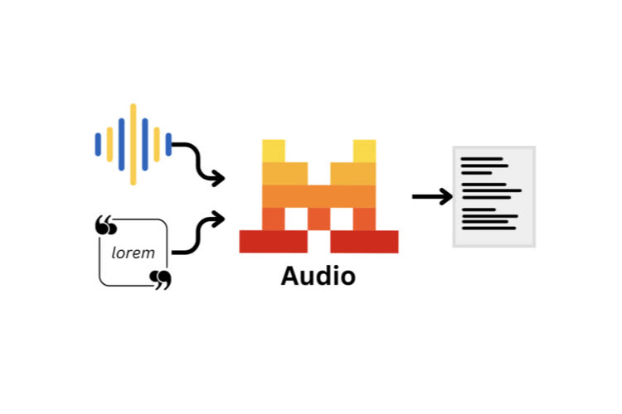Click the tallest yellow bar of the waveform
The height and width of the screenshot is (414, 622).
(x=133, y=144)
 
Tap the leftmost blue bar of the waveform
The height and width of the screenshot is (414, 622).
(x=98, y=144)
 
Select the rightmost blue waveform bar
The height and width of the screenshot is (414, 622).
(x=168, y=144)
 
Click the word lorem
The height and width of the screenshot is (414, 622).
(x=133, y=253)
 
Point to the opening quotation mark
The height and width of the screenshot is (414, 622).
(x=104, y=224)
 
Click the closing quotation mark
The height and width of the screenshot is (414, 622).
(x=161, y=279)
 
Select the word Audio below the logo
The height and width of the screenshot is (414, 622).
(x=318, y=276)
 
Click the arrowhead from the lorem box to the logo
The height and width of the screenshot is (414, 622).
(x=218, y=219)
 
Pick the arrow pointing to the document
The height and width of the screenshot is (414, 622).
(x=432, y=196)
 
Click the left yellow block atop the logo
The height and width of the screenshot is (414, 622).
(x=274, y=151)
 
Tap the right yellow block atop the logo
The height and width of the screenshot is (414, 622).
(x=365, y=151)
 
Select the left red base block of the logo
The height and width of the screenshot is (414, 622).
(x=273, y=241)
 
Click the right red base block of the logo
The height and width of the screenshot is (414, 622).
(x=364, y=241)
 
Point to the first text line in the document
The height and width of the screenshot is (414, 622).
(x=482, y=158)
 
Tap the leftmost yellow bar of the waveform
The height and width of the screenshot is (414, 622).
(x=109, y=144)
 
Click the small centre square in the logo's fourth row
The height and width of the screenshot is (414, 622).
(x=319, y=219)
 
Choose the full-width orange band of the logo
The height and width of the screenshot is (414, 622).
(x=319, y=195)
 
